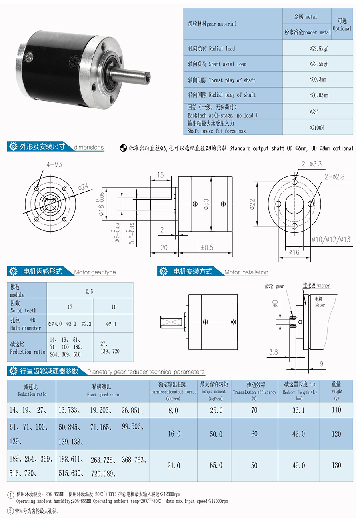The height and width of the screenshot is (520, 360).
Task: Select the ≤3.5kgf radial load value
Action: [x=318, y=49]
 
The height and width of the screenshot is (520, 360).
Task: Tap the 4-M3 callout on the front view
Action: [x=54, y=164]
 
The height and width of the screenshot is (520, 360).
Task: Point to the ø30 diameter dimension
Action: [x=206, y=204]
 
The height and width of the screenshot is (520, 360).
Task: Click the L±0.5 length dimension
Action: [x=205, y=248]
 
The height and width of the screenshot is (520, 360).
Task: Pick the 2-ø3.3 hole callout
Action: [x=312, y=163]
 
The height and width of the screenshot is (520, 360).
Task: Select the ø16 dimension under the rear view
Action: [x=294, y=252]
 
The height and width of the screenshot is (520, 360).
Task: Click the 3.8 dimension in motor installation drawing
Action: [x=273, y=352]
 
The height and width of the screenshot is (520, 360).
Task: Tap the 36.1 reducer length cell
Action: [x=298, y=410]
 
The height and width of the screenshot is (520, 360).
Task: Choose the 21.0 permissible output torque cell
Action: [x=174, y=465]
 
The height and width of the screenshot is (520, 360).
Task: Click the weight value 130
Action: [x=336, y=465]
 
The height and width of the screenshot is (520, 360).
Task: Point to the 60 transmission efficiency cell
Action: [x=254, y=434]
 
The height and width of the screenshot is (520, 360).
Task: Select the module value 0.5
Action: [x=89, y=291]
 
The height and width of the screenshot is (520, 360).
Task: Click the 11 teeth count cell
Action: [x=114, y=307]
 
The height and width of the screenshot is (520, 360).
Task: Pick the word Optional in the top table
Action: [x=342, y=29]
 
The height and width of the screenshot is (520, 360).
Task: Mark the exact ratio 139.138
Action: [x=70, y=442]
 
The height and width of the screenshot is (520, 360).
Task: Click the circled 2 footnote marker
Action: [x=10, y=511]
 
